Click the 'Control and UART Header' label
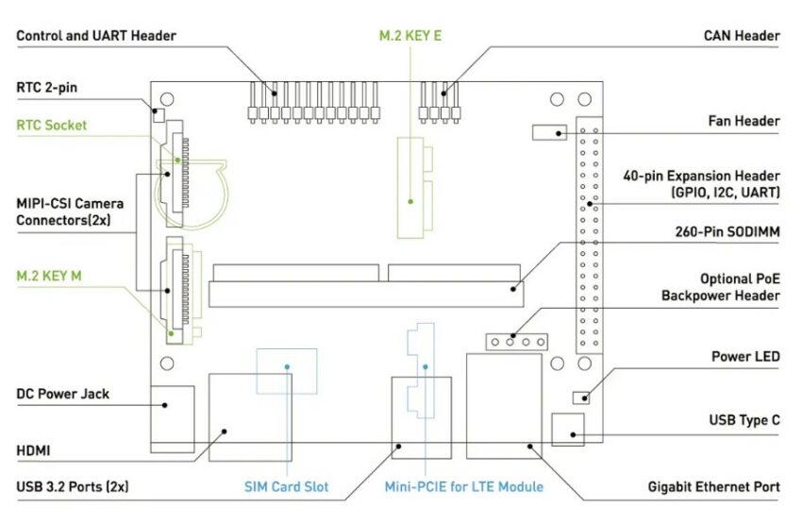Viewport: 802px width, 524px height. pos(96,36)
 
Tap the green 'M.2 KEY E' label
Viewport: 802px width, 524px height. pos(410,36)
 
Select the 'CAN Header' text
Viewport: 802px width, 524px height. pos(742,36)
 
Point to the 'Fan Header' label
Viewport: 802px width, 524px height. pos(744,121)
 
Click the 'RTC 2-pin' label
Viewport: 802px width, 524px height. pos(47,88)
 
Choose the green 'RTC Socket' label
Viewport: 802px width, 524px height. pos(52,126)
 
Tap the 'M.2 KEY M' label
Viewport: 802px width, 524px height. pos(49,277)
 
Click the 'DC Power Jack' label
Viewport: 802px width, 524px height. pos(63,394)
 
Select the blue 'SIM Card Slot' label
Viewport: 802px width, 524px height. pos(287,486)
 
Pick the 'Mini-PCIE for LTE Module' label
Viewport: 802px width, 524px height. pos(464,486)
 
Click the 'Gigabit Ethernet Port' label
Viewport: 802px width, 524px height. pos(714,486)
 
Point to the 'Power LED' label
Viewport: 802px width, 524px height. pos(745,357)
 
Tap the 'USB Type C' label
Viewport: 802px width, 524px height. pos(744,421)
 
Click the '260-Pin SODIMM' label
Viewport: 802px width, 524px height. pos(727,232)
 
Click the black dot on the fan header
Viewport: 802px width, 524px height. pos(559,133)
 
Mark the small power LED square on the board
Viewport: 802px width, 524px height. pos(580,397)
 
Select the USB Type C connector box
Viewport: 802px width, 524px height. pos(568,430)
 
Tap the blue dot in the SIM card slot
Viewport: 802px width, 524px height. pos(287,367)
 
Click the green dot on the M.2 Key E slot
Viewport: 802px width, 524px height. pos(410,202)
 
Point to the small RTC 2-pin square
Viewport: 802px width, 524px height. pos(159,115)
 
